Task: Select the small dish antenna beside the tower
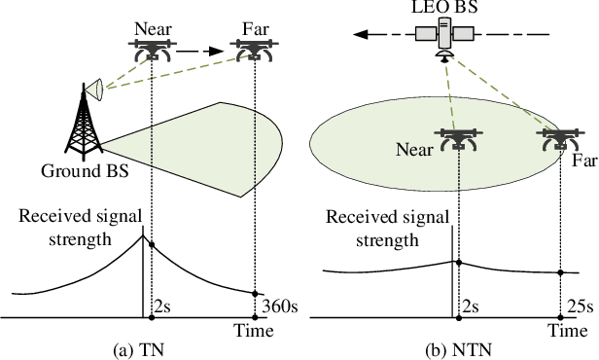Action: [96, 90]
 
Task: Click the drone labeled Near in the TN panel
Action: [153, 51]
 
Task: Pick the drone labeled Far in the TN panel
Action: [255, 51]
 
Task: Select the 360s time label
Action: [279, 307]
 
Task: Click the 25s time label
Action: [580, 307]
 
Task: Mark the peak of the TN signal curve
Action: [146, 236]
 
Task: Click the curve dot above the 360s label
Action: [255, 293]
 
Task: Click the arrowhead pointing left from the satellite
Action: [362, 33]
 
